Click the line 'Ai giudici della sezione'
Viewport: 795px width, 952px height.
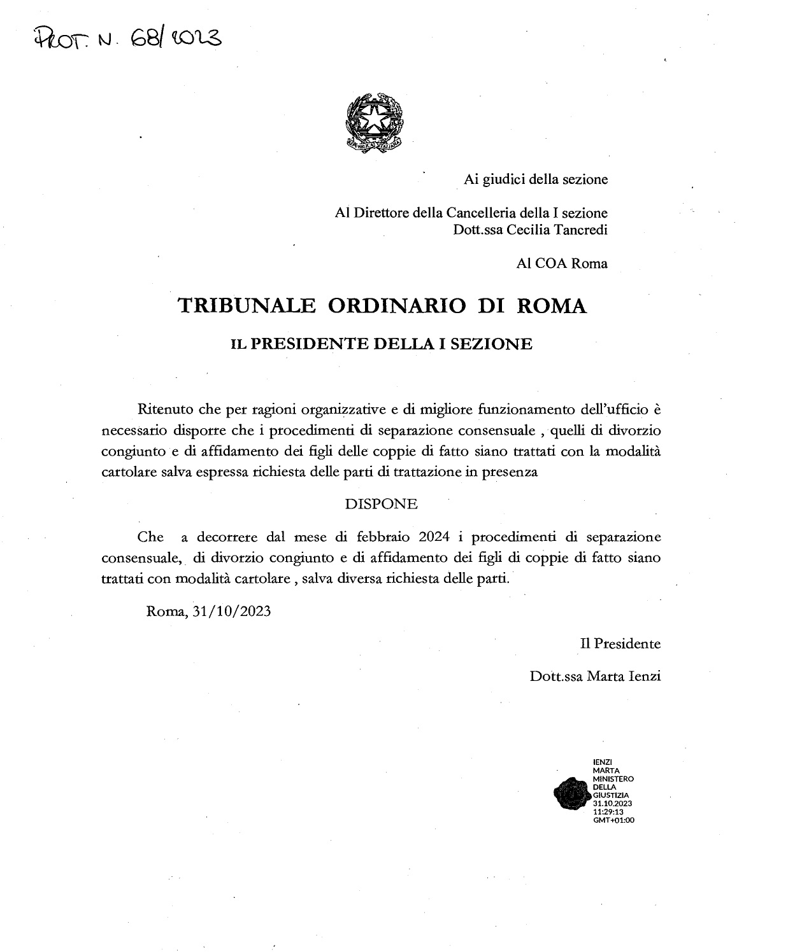pos(536,179)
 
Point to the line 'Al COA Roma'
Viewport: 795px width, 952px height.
pos(562,263)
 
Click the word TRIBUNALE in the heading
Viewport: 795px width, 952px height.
pos(247,306)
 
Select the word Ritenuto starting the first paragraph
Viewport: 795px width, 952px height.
pos(163,408)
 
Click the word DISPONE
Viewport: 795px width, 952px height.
pos(381,504)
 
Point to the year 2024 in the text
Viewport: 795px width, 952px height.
pos(434,536)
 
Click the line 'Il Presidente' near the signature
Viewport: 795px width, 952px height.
pos(620,643)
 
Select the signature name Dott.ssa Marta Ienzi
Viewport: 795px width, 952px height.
pos(595,676)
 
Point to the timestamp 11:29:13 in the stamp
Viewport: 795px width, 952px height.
pos(608,812)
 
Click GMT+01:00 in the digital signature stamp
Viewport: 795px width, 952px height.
pos(613,820)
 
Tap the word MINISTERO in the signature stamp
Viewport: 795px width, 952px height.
pos(613,778)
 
